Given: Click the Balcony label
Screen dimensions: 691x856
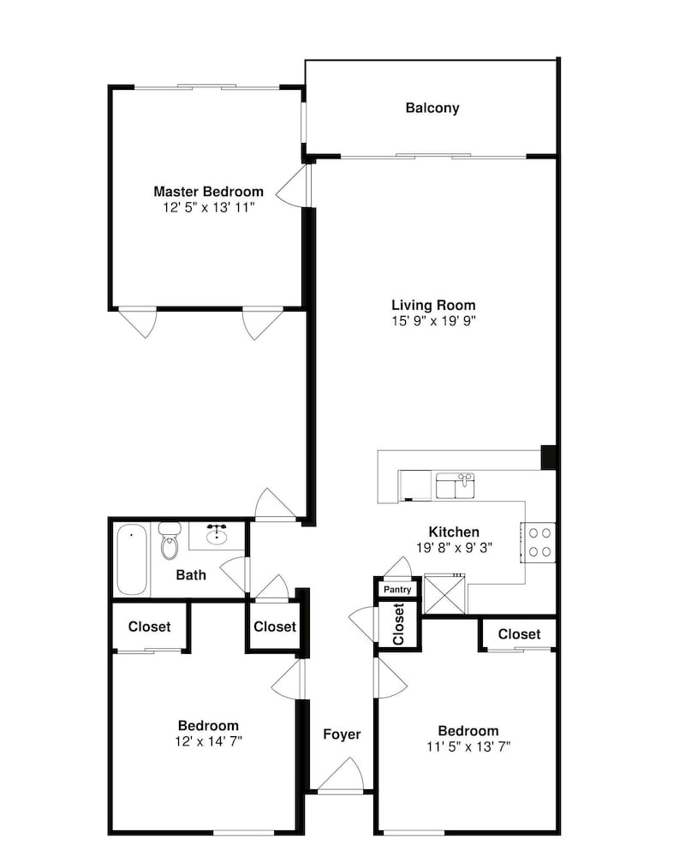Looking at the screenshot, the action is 432,108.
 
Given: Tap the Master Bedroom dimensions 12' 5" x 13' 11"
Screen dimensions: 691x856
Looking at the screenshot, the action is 209,207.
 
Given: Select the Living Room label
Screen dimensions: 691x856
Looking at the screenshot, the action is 433,305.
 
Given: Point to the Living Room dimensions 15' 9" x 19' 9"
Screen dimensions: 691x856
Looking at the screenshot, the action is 433,320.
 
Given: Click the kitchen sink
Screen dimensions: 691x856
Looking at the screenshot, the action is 455,485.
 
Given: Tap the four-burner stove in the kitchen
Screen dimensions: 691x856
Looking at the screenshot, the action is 538,542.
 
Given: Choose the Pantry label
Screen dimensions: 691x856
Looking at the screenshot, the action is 397,590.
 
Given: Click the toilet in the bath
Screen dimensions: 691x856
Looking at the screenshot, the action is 170,540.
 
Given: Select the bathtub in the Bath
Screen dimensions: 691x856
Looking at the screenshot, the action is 132,560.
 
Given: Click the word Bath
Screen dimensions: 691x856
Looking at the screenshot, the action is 191,574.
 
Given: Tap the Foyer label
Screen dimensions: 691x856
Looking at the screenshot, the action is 342,734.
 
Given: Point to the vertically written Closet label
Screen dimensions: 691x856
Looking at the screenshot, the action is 398,624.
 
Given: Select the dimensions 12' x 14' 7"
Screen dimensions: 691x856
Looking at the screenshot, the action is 209,740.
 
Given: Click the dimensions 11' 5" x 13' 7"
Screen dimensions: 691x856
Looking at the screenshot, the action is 468,746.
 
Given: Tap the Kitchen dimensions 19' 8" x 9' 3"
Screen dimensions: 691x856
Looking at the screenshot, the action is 454,547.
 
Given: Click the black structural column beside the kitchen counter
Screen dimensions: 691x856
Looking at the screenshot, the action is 548,457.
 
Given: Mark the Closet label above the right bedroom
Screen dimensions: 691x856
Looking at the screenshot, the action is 519,633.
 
